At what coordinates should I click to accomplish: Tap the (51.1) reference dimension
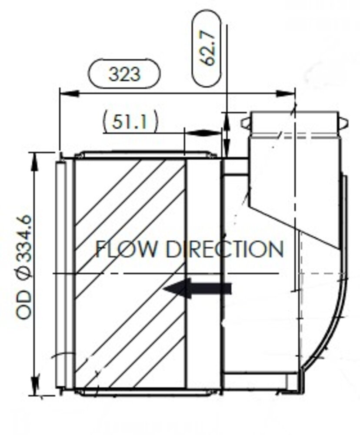[x=130, y=122]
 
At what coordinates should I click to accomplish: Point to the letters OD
[x=25, y=304]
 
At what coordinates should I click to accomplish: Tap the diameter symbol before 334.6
[x=25, y=275]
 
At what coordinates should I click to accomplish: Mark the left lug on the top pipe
[x=246, y=123]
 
